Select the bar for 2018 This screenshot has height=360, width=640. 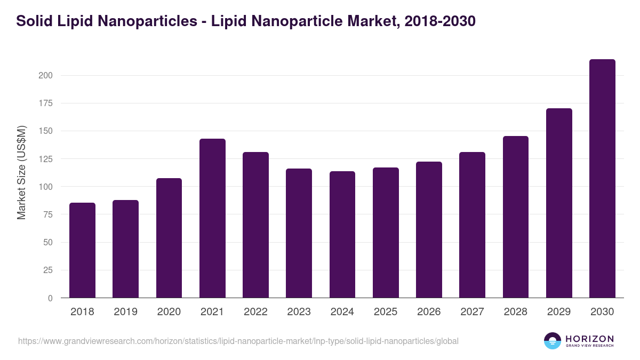82,250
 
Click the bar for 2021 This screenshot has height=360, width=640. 212,218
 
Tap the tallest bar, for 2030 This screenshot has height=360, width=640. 602,179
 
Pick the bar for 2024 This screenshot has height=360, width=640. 342,235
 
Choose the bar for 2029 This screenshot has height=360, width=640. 559,203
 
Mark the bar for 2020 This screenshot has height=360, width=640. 169,238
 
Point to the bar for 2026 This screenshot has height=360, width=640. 429,230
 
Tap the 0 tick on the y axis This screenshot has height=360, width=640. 50,298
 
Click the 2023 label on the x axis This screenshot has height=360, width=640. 299,312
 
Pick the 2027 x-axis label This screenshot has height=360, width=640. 472,312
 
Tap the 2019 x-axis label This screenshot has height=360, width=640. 125,312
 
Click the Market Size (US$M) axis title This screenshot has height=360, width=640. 21,172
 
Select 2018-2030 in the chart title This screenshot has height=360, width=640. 440,21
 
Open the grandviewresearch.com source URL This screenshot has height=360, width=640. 238,341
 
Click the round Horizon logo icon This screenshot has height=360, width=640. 553,341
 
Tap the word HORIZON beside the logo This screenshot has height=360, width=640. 589,339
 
